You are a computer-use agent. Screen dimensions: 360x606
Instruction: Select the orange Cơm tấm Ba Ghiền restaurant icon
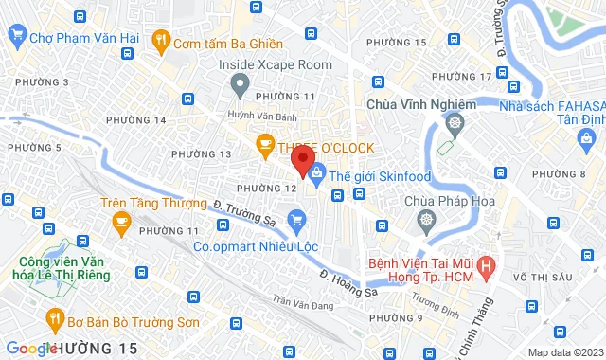(x=161, y=40)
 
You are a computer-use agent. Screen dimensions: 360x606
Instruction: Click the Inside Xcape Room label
(x=276, y=64)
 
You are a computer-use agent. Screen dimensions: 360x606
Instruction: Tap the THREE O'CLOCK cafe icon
(x=265, y=145)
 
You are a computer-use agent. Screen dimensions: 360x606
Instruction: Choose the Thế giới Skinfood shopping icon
(x=316, y=174)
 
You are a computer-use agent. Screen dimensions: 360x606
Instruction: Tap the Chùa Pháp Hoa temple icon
(x=426, y=220)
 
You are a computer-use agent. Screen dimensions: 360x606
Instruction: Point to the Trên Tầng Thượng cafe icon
(x=120, y=223)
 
